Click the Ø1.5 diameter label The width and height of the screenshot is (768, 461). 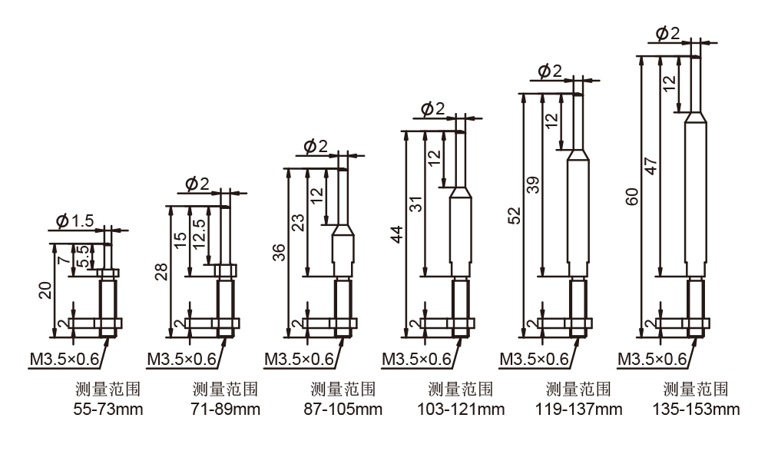point(75,221)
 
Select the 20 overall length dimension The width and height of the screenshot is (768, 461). point(45,290)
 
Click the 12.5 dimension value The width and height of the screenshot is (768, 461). point(199,234)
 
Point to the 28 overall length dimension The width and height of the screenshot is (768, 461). point(161,272)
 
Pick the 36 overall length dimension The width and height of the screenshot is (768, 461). point(279,252)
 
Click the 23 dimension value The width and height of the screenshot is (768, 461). point(298,223)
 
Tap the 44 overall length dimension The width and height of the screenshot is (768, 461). point(397,234)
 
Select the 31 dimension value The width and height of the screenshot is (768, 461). point(415,204)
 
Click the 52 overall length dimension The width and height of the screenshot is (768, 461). point(515,216)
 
